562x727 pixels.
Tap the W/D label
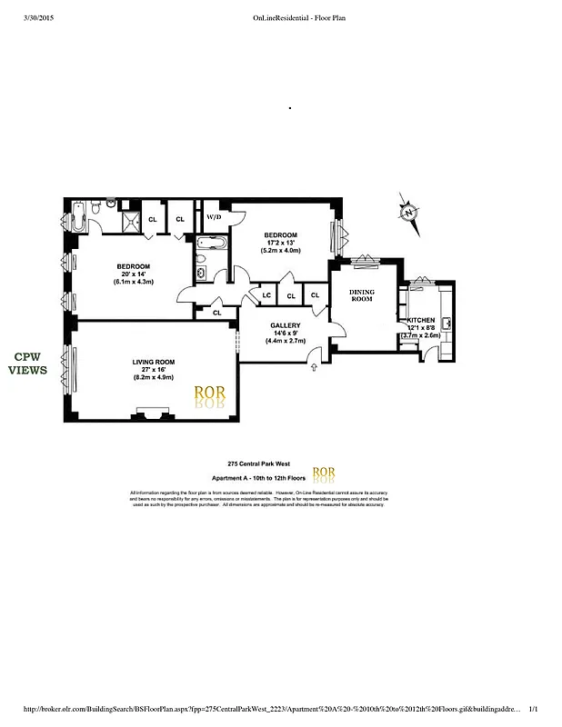pyautogui.click(x=215, y=218)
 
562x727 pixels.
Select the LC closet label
pyautogui.click(x=267, y=295)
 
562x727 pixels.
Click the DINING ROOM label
pyautogui.click(x=362, y=295)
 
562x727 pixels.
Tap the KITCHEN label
pyautogui.click(x=421, y=321)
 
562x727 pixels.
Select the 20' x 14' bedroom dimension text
pyautogui.click(x=133, y=274)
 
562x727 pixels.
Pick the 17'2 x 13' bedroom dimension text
pyautogui.click(x=281, y=243)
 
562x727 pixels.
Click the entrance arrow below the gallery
pyautogui.click(x=315, y=367)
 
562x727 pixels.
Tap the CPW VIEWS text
pyautogui.click(x=28, y=363)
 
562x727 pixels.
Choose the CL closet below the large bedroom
pyautogui.click(x=216, y=313)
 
